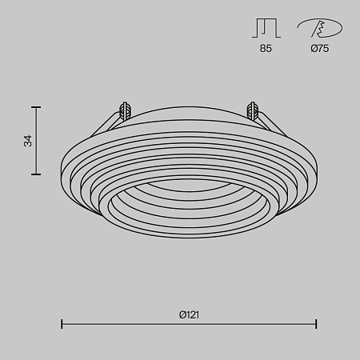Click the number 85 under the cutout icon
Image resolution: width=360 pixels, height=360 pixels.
click(x=266, y=49)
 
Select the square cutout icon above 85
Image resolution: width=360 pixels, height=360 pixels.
click(x=266, y=29)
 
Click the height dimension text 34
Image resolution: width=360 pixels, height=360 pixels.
click(x=28, y=140)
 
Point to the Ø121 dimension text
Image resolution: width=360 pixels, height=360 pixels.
click(x=189, y=314)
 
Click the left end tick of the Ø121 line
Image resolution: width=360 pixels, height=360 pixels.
click(x=62, y=324)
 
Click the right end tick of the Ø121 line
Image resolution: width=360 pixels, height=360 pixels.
click(x=316, y=324)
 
